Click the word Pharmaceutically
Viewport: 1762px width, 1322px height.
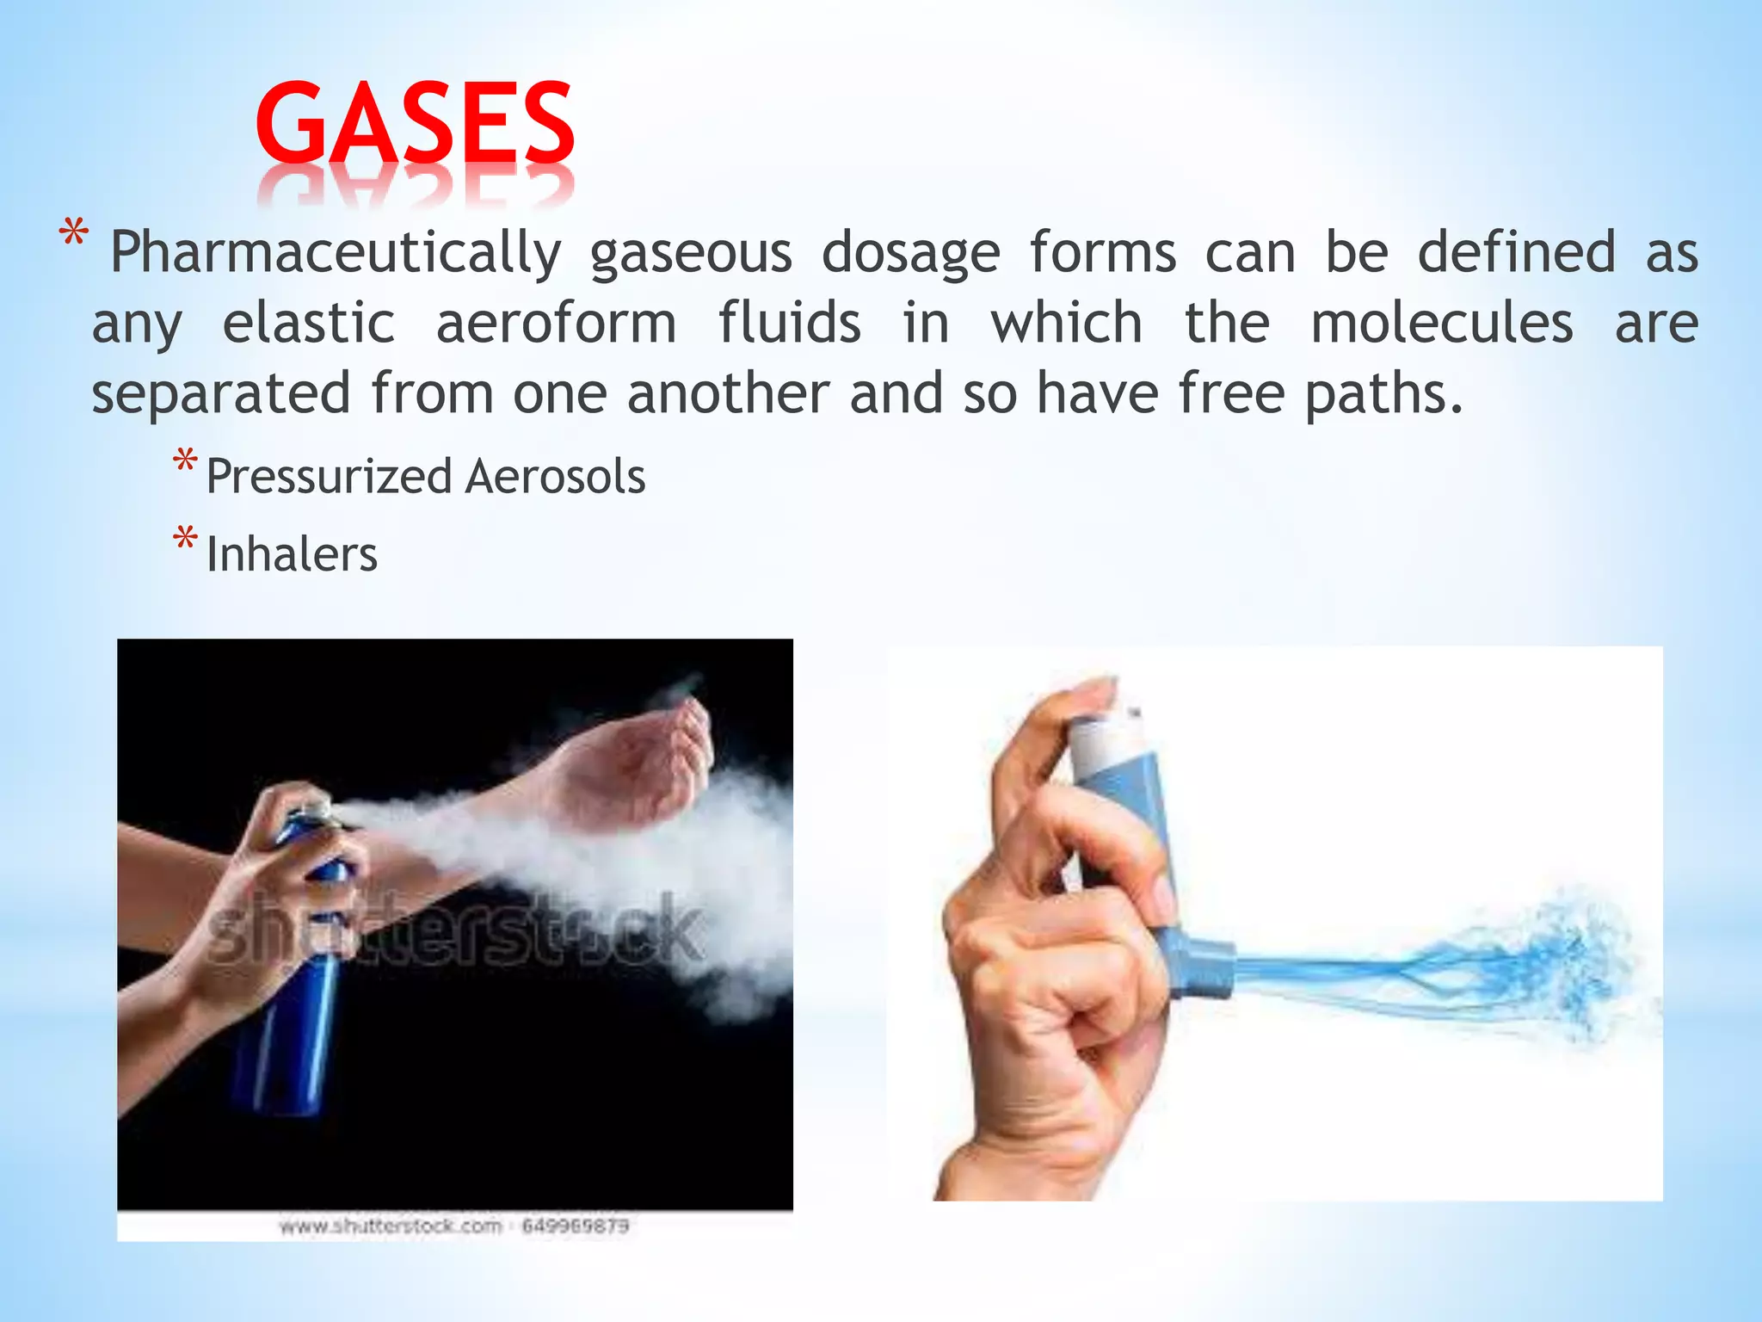pyautogui.click(x=336, y=253)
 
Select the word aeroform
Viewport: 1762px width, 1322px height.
pyautogui.click(x=556, y=324)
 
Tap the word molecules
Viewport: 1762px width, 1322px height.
pyautogui.click(x=1442, y=324)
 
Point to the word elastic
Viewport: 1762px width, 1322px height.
pyautogui.click(x=309, y=324)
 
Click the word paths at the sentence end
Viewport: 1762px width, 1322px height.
pyautogui.click(x=1382, y=394)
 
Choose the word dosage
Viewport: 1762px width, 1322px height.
pyautogui.click(x=911, y=253)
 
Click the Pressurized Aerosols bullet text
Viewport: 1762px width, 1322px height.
pyautogui.click(x=425, y=476)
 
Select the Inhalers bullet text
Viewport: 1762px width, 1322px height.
pyautogui.click(x=292, y=554)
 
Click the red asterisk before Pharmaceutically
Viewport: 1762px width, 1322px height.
pyautogui.click(x=73, y=235)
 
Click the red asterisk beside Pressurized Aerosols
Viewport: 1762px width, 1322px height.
pyautogui.click(x=184, y=463)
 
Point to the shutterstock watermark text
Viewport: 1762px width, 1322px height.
pyautogui.click(x=456, y=930)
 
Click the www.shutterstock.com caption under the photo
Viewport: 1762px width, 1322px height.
pyautogui.click(x=391, y=1226)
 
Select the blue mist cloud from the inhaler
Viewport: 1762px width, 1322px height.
pyautogui.click(x=1531, y=968)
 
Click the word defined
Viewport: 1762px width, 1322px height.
pyautogui.click(x=1516, y=253)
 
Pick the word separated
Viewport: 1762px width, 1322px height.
pyautogui.click(x=221, y=394)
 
